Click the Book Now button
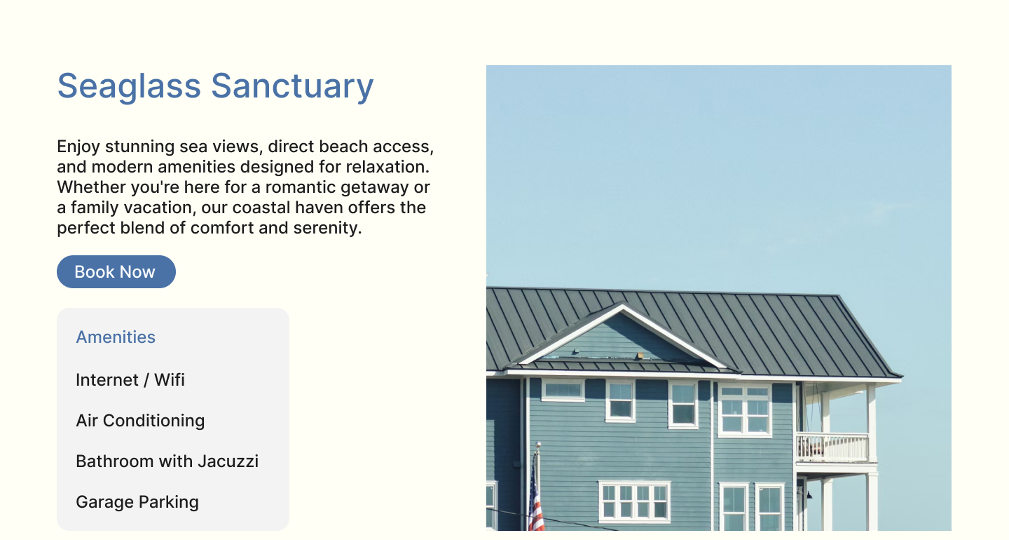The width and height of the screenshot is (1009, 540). point(116,272)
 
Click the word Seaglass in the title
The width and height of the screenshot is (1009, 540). point(129,86)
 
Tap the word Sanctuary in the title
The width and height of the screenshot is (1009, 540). point(292,86)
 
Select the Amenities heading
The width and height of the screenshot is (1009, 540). point(116,337)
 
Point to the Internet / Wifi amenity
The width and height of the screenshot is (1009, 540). point(130,380)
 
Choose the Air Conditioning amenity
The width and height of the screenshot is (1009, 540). point(140,421)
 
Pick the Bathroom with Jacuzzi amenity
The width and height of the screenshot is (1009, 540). point(167,461)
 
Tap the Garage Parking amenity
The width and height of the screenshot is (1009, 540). point(137,502)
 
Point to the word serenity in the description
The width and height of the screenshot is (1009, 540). point(327,228)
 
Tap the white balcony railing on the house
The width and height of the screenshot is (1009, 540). point(832,447)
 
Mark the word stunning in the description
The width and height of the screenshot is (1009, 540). point(139,147)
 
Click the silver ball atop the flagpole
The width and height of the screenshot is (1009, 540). point(538,445)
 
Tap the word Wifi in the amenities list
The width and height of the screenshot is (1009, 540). point(170,380)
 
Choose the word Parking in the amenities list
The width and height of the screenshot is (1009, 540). point(168,502)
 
